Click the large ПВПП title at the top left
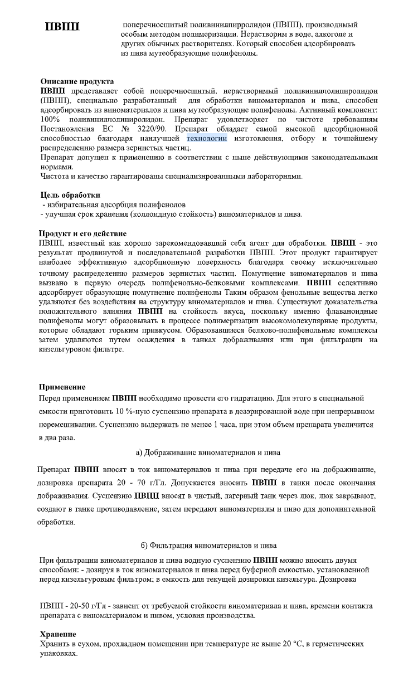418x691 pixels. (x=62, y=27)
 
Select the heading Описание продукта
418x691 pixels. (x=77, y=81)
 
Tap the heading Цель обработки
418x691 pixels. (x=70, y=195)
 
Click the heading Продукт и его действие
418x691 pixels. (x=83, y=233)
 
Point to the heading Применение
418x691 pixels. (x=62, y=387)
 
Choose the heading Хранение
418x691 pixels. (x=59, y=634)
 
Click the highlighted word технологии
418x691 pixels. (x=207, y=138)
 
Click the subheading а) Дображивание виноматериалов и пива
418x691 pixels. (x=208, y=451)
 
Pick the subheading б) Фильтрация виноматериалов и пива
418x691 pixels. (x=208, y=544)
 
